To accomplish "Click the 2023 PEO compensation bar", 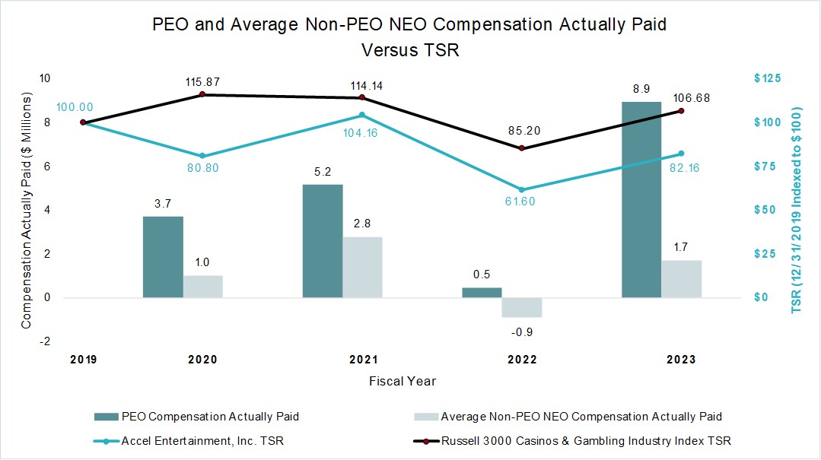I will coord(641,199).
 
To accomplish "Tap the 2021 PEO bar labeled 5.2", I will coord(323,241).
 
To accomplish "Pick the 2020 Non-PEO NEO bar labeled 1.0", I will coord(203,287).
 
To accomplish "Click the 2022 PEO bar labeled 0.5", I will coord(482,293).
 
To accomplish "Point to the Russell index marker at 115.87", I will coord(202,94).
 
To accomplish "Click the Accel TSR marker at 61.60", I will coord(522,189).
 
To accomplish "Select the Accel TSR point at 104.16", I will coord(362,115).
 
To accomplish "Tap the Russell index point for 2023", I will coord(681,111).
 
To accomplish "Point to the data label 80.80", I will coord(202,168).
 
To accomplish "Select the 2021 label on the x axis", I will coord(362,360).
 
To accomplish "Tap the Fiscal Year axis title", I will coord(403,380).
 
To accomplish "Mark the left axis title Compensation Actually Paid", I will coord(27,211).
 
